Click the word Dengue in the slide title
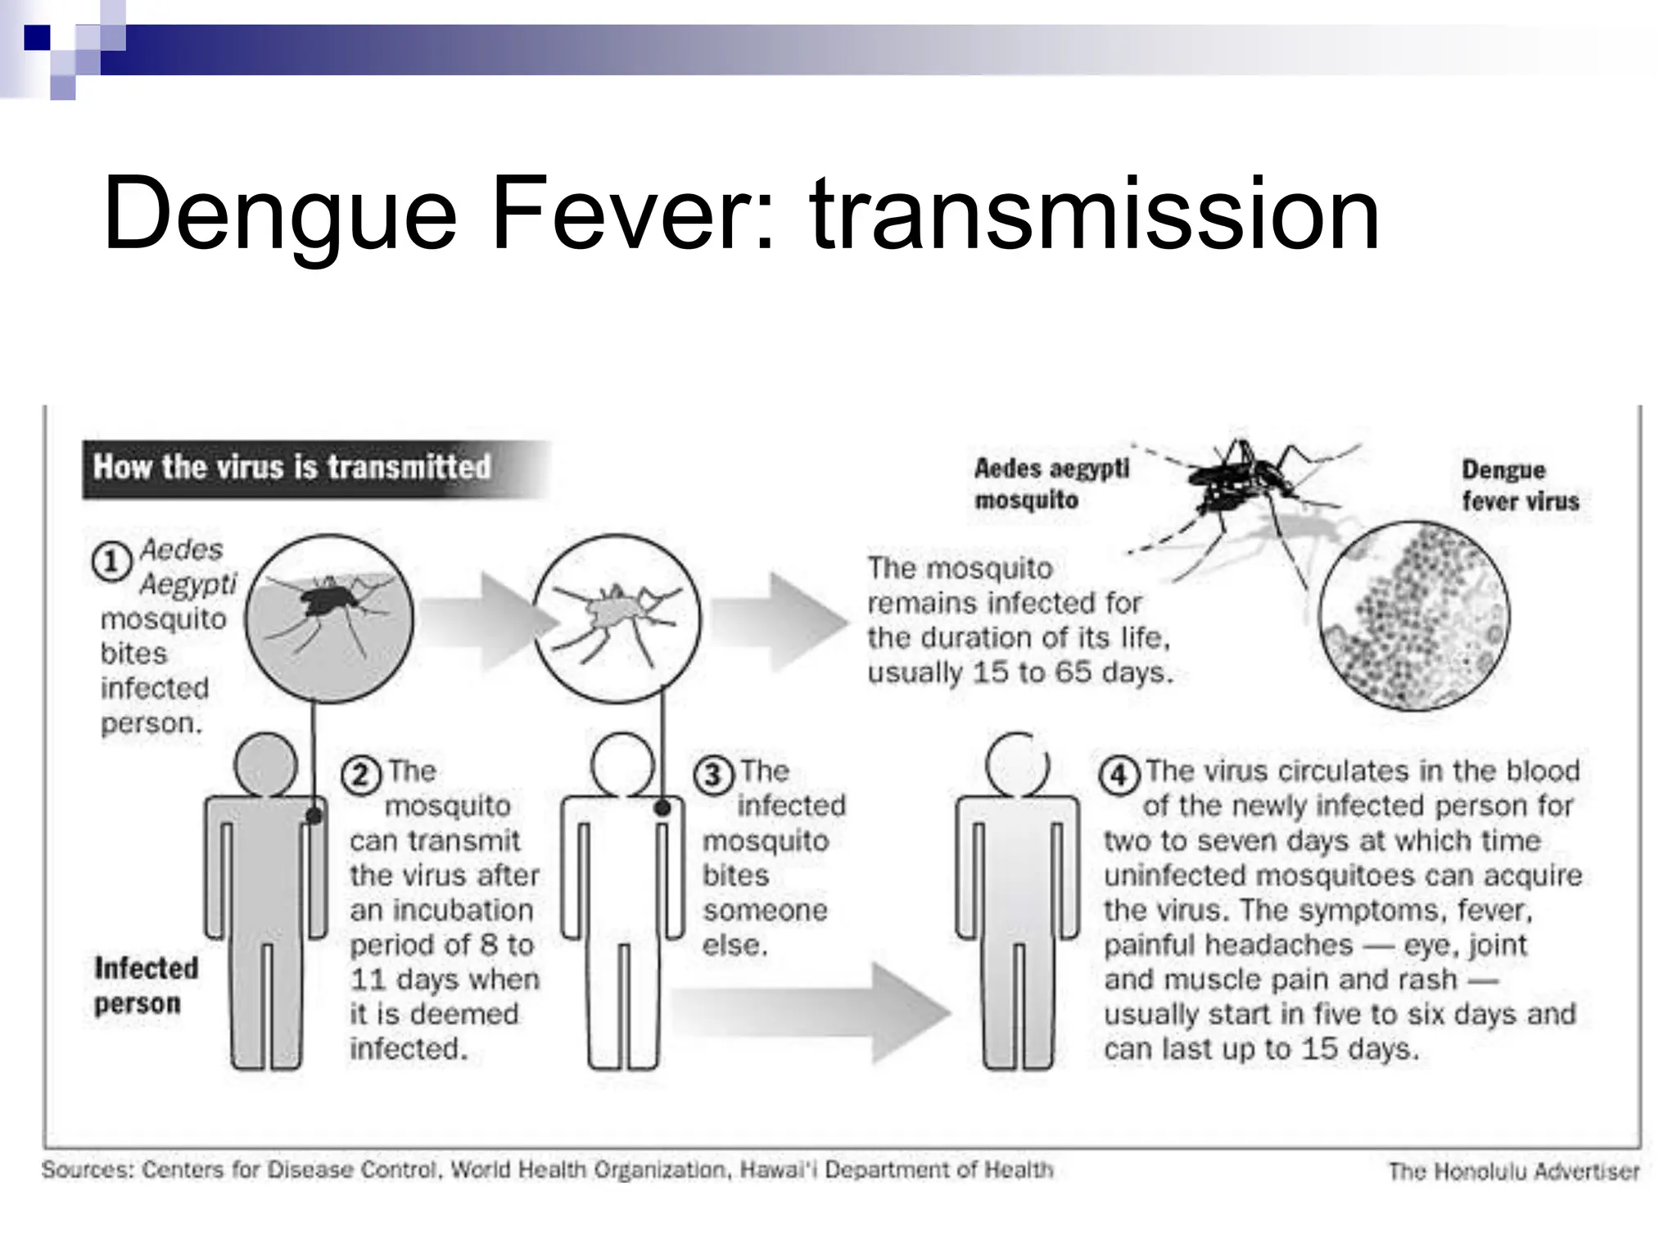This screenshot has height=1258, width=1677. (x=278, y=215)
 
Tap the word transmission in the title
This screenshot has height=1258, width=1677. (x=1094, y=215)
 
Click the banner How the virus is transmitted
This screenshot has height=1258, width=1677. (x=293, y=468)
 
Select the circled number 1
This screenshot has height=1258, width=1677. (x=111, y=562)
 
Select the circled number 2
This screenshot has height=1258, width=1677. (x=361, y=774)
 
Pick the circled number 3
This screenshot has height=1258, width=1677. (x=713, y=774)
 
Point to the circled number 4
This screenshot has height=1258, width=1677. (x=1119, y=774)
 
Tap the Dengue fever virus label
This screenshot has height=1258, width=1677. (x=1520, y=485)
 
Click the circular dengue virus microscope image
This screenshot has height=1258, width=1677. (x=1414, y=616)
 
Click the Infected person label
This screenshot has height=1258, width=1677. (x=146, y=985)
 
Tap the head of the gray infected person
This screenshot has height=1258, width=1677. (x=265, y=764)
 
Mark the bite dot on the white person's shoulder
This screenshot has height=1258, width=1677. (x=662, y=808)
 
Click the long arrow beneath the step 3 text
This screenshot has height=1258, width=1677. (x=811, y=1013)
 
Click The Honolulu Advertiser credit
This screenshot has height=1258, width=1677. (x=1513, y=1171)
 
